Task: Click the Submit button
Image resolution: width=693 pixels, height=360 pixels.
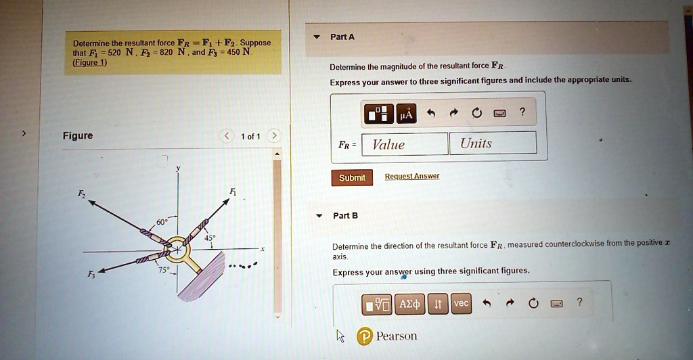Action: (x=351, y=177)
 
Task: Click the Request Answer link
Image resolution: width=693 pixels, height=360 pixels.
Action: (x=412, y=177)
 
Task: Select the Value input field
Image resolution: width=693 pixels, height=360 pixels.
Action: (x=405, y=143)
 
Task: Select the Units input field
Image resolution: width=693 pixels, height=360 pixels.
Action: (x=493, y=143)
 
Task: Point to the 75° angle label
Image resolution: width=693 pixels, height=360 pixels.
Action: (x=163, y=270)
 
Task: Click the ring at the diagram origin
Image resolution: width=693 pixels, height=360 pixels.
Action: (x=178, y=250)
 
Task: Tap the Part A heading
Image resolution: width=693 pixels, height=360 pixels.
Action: (x=342, y=37)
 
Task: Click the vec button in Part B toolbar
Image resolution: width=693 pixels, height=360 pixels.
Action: (x=461, y=304)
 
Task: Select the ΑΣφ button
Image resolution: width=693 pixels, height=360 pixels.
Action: (x=409, y=305)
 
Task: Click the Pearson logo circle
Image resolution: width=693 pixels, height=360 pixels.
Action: (x=365, y=336)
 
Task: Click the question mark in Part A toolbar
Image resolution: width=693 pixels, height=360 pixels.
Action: (x=522, y=112)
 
